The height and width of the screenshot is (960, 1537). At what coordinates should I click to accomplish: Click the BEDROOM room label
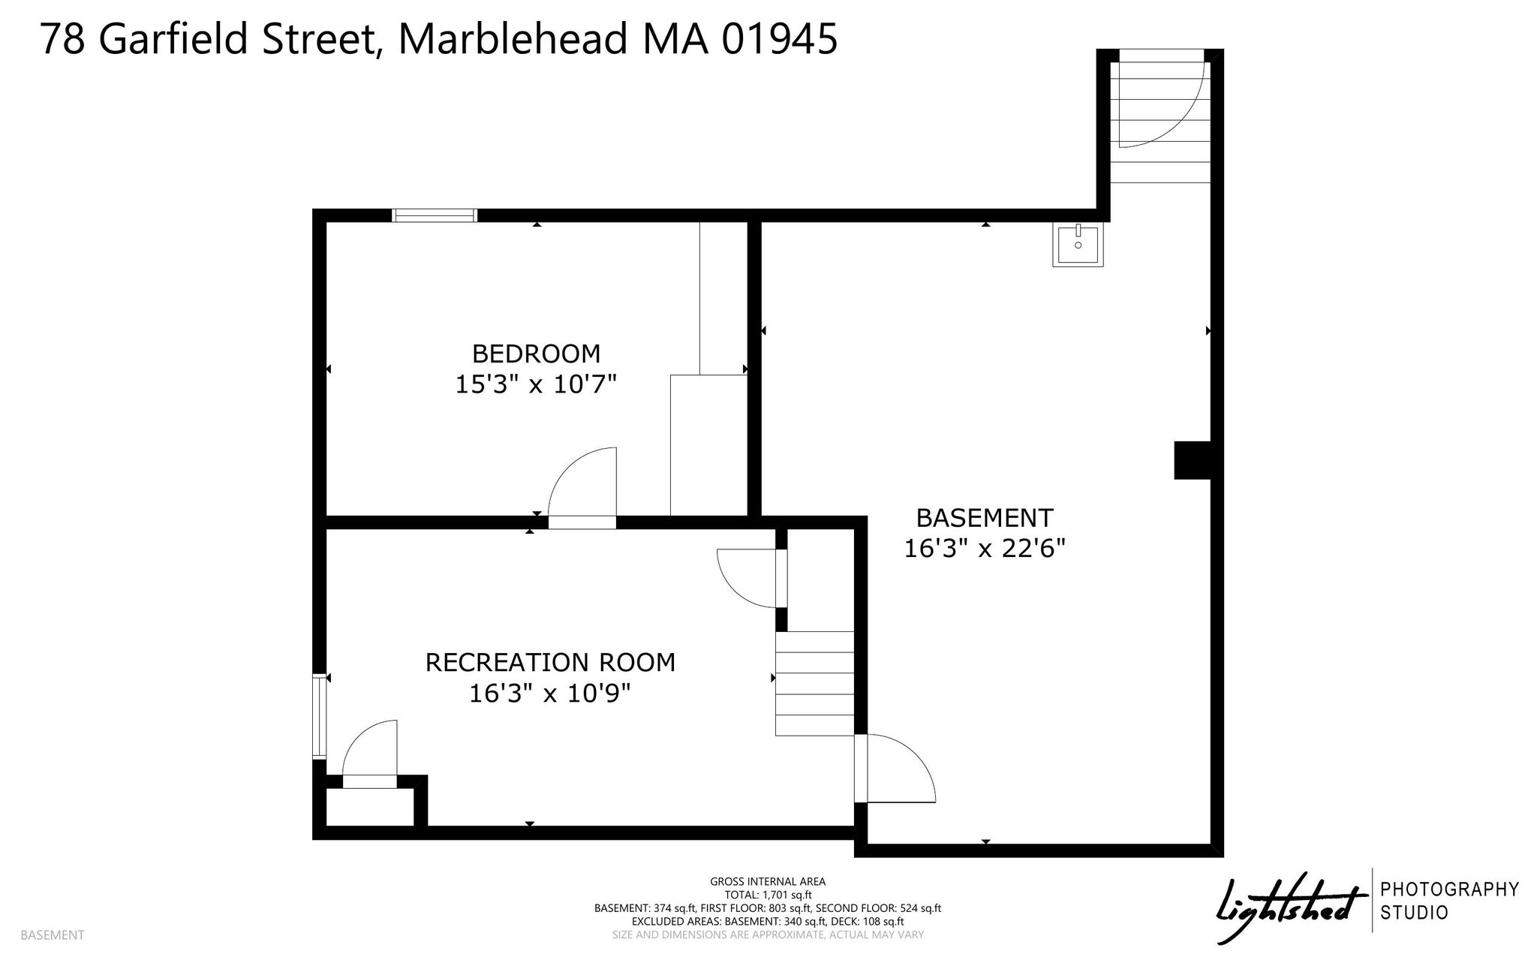[536, 353]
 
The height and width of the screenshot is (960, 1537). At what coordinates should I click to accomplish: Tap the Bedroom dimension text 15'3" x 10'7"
[536, 384]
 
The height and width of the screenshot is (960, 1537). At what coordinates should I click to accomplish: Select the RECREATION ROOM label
[550, 662]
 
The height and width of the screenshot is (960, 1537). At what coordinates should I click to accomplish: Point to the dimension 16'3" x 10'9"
[550, 693]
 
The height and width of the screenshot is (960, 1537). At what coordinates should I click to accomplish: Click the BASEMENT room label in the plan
[985, 518]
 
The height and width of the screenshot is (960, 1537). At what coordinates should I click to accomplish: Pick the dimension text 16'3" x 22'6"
[985, 549]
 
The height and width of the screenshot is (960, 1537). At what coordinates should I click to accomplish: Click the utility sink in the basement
[1078, 245]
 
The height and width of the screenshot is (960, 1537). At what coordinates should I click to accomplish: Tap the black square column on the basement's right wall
[1193, 459]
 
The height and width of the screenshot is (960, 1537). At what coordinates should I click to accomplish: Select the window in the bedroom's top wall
[435, 215]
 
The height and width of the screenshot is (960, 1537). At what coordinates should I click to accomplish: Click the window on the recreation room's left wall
[320, 715]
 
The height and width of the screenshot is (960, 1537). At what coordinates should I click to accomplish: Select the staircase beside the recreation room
[814, 683]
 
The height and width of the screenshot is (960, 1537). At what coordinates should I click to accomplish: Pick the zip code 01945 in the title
[779, 38]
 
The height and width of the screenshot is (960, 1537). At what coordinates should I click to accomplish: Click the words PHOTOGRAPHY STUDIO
[1450, 901]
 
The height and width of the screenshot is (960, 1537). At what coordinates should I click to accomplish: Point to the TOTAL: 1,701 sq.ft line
[768, 895]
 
